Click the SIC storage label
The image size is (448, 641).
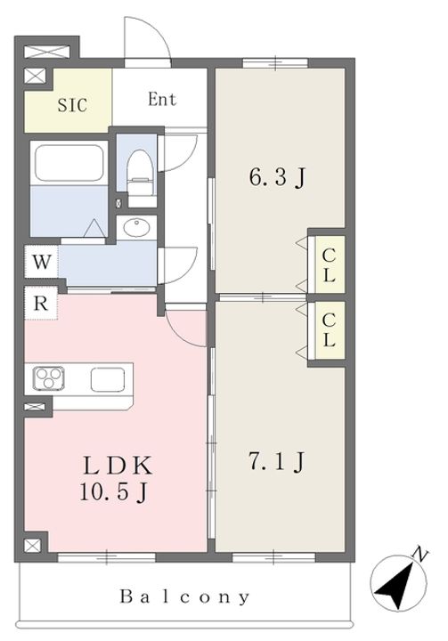pos(73,104)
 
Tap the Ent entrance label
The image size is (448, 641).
pos(161,99)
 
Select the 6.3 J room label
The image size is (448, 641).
pos(277,177)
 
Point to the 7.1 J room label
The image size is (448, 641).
pos(277,462)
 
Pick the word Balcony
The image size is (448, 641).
pos(185,596)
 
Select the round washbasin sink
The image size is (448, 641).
pos(138,229)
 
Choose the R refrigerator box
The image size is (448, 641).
pos(41,304)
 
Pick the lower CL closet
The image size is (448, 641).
pos(328,329)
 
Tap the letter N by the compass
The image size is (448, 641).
pos(415,556)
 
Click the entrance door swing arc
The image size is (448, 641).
pos(145,39)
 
